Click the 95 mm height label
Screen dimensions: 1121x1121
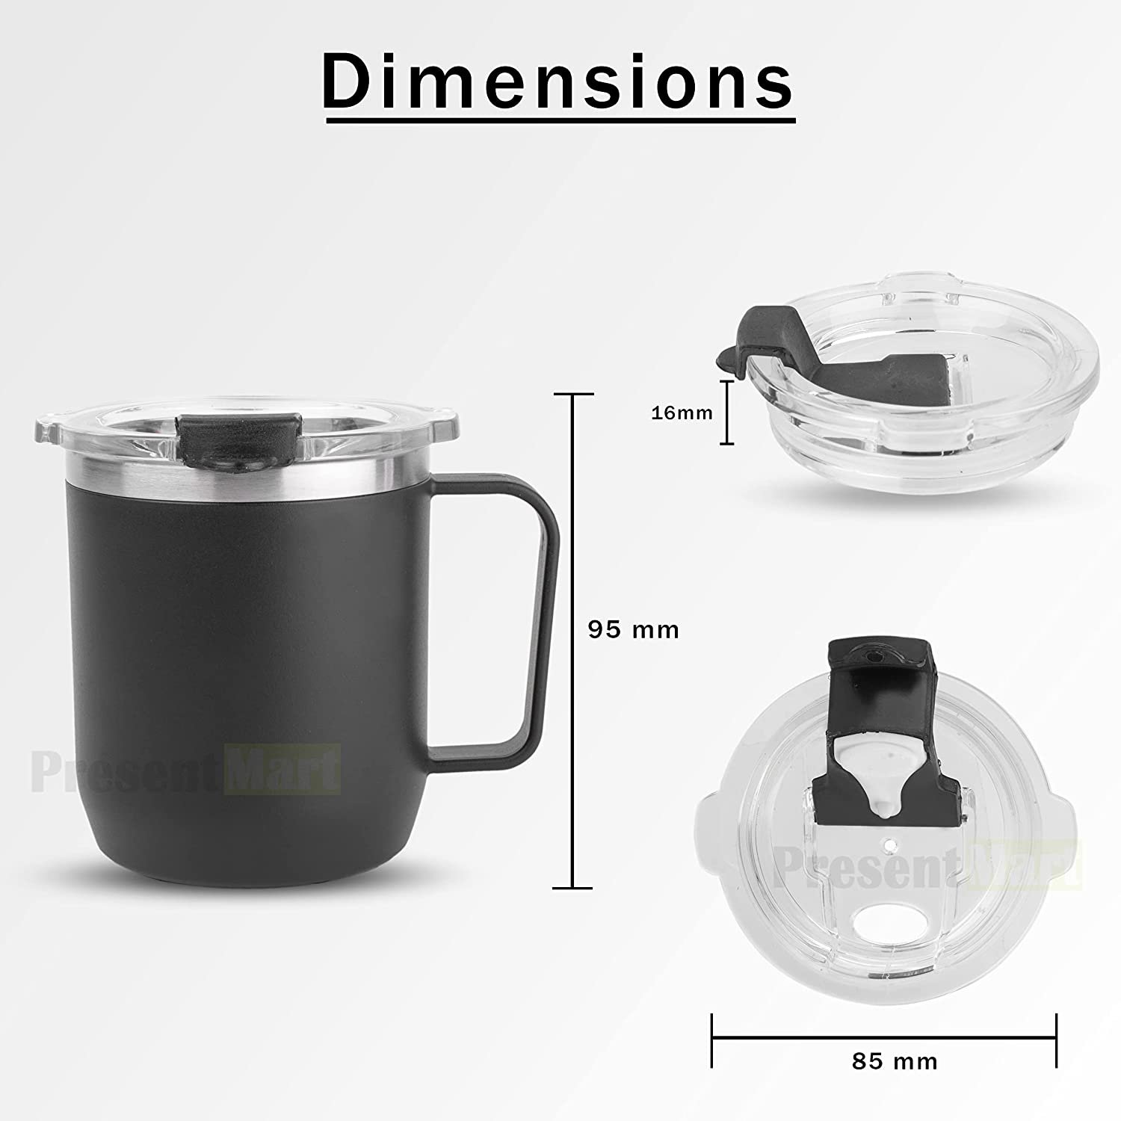[634, 630]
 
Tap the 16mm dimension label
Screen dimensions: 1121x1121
[682, 412]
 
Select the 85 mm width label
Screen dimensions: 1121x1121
[895, 1060]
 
